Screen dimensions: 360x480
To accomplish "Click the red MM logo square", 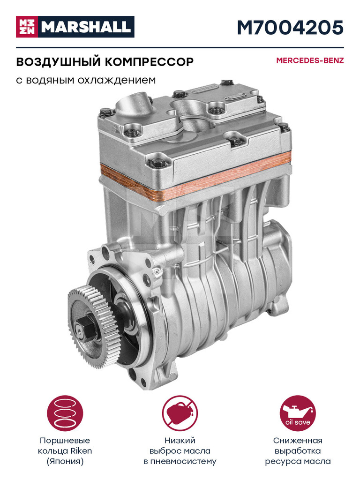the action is tap(27, 27).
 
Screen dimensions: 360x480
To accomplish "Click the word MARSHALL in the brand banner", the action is tap(86, 27).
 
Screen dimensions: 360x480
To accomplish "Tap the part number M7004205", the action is tap(290, 27).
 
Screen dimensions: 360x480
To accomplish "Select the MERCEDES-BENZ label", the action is tap(310, 60).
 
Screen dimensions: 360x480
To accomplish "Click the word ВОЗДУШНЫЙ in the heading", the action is tap(58, 62).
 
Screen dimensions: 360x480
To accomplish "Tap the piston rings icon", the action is tap(65, 413).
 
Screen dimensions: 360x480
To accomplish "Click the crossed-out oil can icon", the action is tap(180, 413).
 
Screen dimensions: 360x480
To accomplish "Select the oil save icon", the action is tap(298, 413).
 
